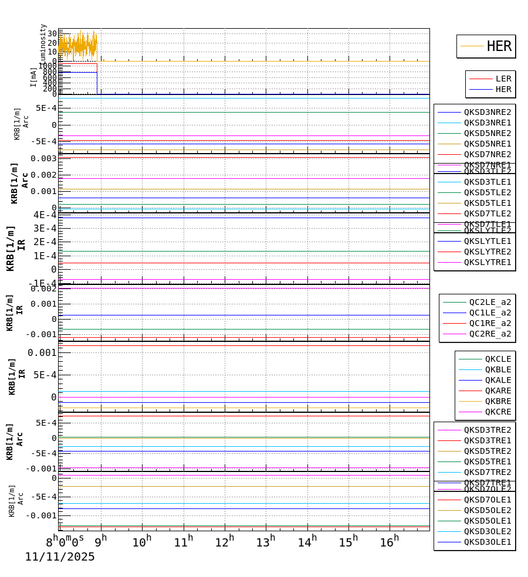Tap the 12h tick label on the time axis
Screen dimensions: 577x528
point(224,542)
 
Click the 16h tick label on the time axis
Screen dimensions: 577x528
point(389,542)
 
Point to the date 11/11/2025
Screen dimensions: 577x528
point(60,557)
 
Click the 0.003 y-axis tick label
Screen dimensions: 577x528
point(44,158)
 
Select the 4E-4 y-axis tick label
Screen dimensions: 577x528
point(45,215)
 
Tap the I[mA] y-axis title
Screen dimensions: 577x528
point(33,77)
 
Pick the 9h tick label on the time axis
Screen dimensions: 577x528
point(100,542)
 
